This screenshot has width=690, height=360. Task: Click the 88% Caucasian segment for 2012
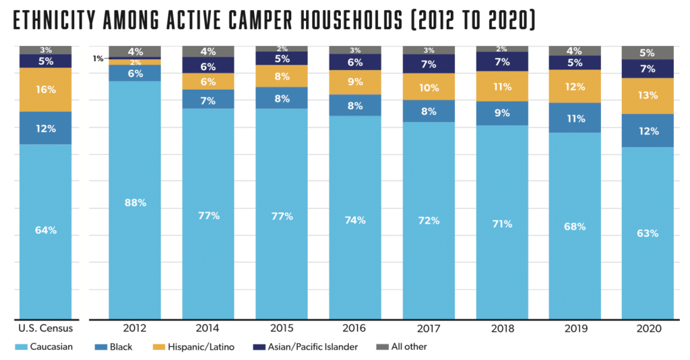coord(135,202)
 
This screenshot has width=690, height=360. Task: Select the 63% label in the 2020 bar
coord(648,233)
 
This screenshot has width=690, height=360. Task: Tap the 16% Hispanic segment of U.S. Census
coord(46,89)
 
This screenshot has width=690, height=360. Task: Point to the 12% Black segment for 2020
coord(648,131)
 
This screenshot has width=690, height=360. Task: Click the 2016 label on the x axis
coord(355,328)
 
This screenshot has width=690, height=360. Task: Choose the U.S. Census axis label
coord(46,328)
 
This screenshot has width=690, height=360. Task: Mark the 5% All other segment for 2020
coord(648,53)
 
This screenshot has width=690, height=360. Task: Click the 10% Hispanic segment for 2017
coord(429,87)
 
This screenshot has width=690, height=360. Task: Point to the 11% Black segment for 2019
coord(575,118)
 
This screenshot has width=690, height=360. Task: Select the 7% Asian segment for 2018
coord(501,62)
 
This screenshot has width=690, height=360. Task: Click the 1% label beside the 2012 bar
coord(98,59)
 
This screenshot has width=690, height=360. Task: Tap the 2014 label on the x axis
coord(208,328)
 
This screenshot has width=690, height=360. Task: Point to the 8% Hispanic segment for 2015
coord(282,76)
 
